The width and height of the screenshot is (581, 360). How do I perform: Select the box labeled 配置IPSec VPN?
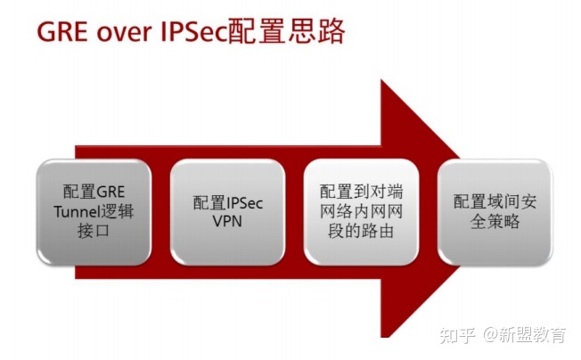click(228, 211)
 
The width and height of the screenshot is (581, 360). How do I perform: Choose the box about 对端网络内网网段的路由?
click(361, 211)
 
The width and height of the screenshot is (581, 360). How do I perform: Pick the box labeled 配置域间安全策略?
click(494, 211)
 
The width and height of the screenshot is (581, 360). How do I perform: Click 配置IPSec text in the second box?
click(228, 201)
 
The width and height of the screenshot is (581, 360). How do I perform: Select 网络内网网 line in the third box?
click(361, 212)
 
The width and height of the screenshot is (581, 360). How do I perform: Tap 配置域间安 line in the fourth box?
click(494, 201)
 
